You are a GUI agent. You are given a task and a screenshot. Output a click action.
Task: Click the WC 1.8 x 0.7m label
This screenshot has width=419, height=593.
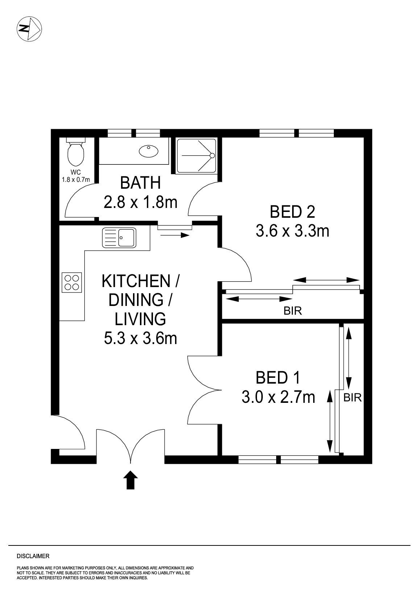(76, 176)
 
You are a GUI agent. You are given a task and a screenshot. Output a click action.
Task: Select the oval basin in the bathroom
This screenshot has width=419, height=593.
(149, 151)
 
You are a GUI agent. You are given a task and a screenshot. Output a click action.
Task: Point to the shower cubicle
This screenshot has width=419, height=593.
(196, 155)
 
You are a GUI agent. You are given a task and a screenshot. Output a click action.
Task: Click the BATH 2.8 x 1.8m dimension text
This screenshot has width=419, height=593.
(140, 202)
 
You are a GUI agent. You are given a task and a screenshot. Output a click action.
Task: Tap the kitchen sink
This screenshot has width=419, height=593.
(119, 238)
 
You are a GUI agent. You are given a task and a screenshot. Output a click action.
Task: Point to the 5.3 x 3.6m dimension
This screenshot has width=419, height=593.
(140, 338)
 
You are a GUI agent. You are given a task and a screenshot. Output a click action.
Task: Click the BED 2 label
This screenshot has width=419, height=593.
(292, 212)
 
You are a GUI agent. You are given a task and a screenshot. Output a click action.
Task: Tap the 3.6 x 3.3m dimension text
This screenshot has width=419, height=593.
(292, 230)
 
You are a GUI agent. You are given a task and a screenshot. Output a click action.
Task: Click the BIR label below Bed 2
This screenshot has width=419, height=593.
(293, 311)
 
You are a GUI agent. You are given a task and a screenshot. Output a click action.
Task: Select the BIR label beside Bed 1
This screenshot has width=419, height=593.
(352, 398)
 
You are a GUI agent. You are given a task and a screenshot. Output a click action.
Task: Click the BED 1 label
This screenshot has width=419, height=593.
(278, 378)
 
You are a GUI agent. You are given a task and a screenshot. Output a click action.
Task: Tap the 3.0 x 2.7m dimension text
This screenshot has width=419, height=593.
(278, 397)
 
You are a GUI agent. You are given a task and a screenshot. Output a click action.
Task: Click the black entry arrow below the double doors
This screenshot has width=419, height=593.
(131, 480)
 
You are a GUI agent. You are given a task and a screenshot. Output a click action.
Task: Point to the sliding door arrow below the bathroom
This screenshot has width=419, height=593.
(174, 235)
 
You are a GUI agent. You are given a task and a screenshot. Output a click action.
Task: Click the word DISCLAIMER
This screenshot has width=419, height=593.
(33, 556)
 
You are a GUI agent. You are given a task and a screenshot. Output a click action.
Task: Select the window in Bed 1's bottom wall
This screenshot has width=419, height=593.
(278, 459)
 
